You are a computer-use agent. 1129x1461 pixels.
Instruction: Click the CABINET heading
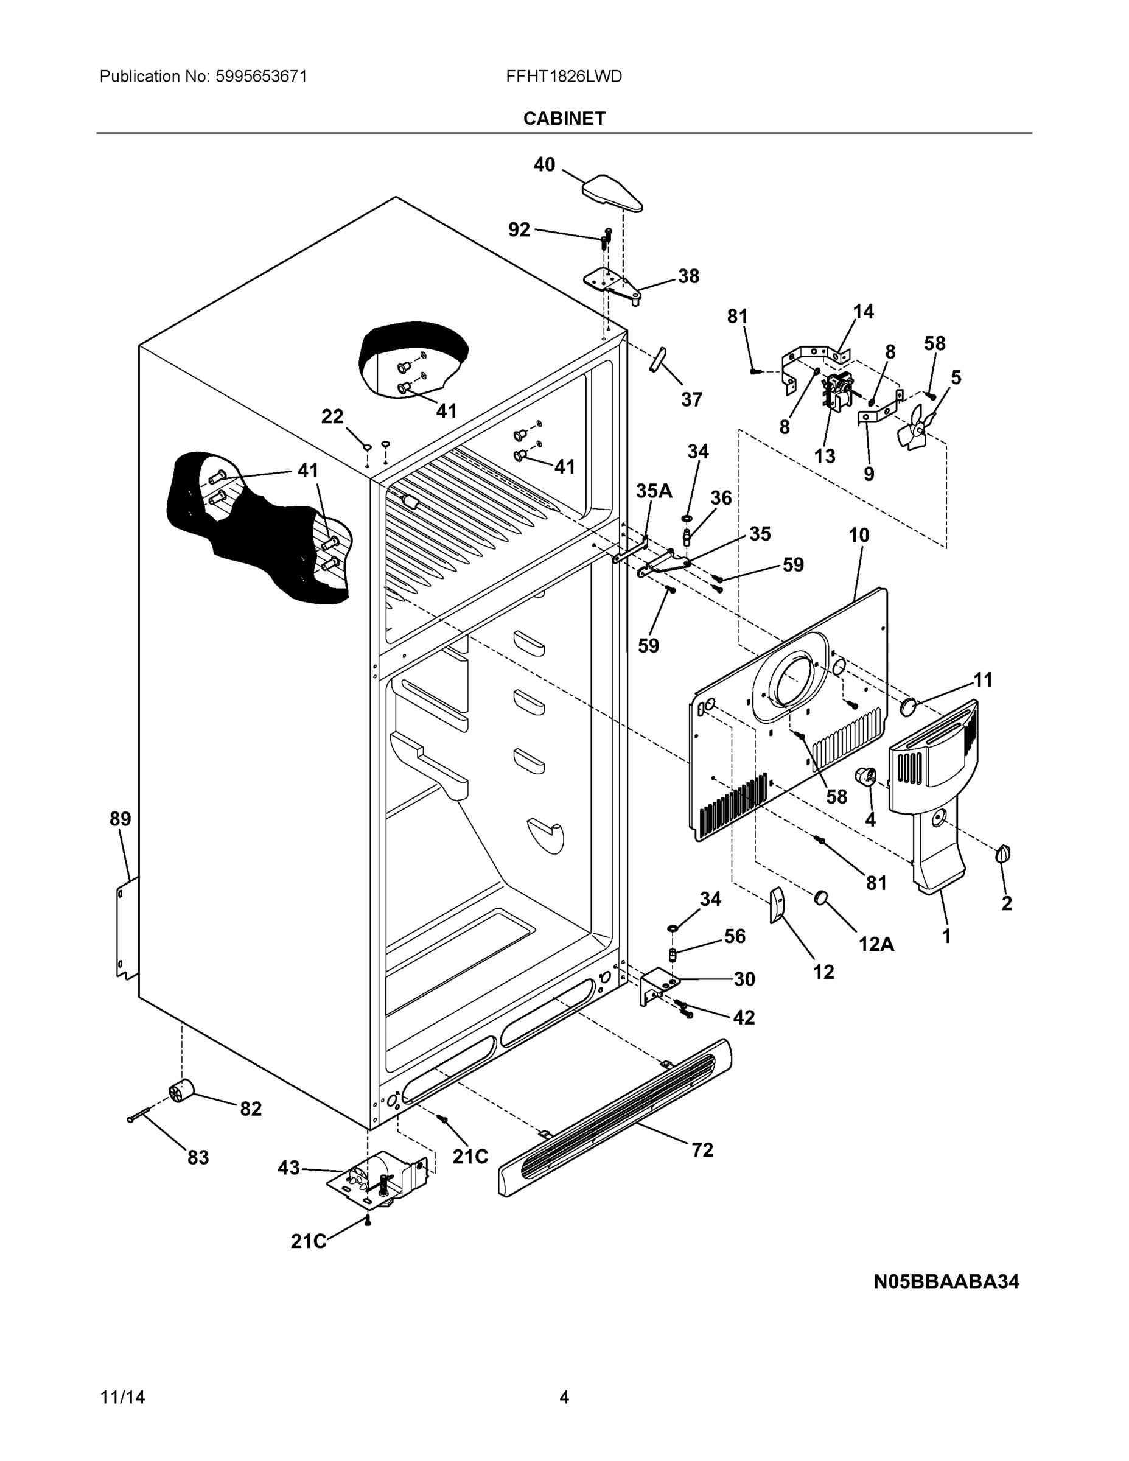(564, 119)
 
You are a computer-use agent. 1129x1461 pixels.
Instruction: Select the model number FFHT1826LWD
(564, 76)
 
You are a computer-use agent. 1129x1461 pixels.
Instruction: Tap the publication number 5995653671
(261, 76)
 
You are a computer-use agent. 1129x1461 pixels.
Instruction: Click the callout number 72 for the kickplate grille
(702, 1150)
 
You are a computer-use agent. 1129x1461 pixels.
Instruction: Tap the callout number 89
(121, 819)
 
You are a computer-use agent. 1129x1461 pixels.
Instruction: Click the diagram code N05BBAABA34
(946, 1281)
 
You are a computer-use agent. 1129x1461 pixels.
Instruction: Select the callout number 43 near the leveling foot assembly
(288, 1168)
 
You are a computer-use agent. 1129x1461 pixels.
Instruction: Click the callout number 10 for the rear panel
(859, 535)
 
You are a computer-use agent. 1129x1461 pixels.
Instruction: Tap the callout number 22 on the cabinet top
(332, 416)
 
